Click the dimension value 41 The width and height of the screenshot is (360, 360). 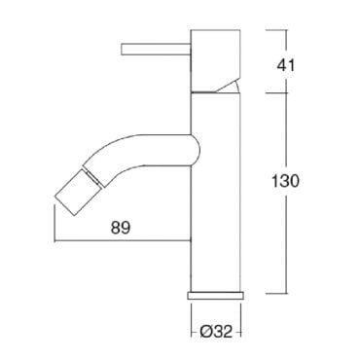pos(286,65)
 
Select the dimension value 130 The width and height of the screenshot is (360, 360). pos(285,181)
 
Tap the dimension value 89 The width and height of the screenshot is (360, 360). pos(121,228)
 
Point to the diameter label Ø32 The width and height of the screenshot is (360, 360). pos(216,332)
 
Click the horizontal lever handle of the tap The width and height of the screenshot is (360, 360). pos(156,49)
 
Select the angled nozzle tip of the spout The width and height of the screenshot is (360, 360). pos(79,193)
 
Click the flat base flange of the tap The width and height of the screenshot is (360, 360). pos(216,296)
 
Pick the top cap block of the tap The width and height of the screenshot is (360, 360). pos(216,61)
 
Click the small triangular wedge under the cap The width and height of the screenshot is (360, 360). pos(230,87)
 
